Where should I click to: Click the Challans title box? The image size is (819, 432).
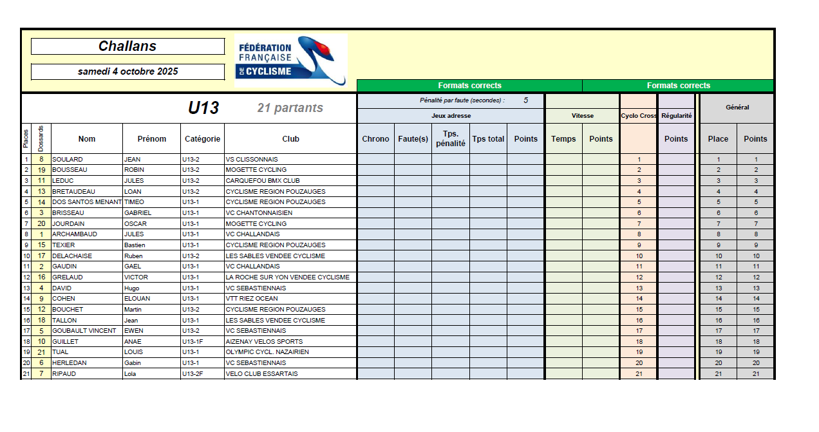point(127,46)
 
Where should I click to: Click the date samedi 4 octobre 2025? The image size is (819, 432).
point(127,71)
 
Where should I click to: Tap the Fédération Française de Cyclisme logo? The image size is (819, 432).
point(290,60)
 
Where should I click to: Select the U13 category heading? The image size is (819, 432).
point(203,108)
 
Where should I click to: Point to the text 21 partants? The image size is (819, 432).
point(290,108)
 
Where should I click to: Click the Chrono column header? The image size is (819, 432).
point(375,139)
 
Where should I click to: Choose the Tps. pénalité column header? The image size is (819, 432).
point(450,139)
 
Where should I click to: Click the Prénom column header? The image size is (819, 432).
point(151,139)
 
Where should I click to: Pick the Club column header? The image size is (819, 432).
point(290,139)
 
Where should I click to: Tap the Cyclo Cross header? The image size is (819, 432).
point(638,116)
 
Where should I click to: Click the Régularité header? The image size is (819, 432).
point(676,116)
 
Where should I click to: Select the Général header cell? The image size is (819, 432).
point(737,108)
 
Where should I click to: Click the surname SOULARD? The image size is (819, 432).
point(68,159)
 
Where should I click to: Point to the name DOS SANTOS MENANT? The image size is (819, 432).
point(87,202)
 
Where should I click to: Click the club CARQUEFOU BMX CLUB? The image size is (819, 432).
point(263,181)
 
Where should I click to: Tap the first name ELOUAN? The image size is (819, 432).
point(136,299)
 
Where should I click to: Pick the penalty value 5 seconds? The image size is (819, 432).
point(525,100)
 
